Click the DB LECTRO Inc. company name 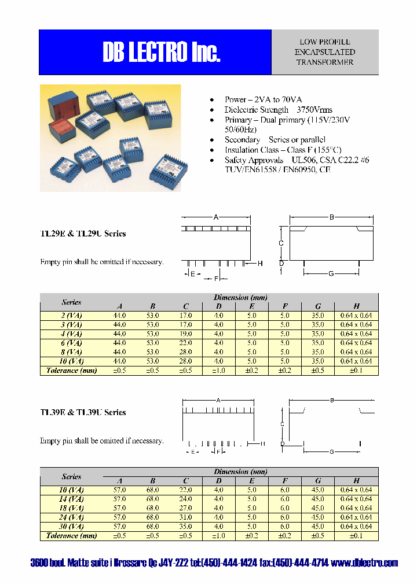[162, 53]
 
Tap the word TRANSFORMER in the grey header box [324, 62]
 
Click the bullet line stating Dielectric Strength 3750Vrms [278, 110]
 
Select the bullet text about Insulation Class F [283, 150]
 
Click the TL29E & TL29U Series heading [83, 234]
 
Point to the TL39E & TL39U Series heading [83, 412]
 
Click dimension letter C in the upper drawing [281, 243]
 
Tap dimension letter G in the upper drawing [331, 273]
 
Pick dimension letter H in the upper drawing [260, 264]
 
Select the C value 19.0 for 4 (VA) [186, 334]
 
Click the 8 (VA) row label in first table [71, 352]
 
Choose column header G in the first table [318, 306]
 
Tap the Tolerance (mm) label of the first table [71, 371]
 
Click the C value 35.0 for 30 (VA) [186, 527]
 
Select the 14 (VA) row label [71, 499]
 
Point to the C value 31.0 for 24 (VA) [186, 517]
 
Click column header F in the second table [285, 481]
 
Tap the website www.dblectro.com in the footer [365, 563]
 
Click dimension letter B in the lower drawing [332, 400]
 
